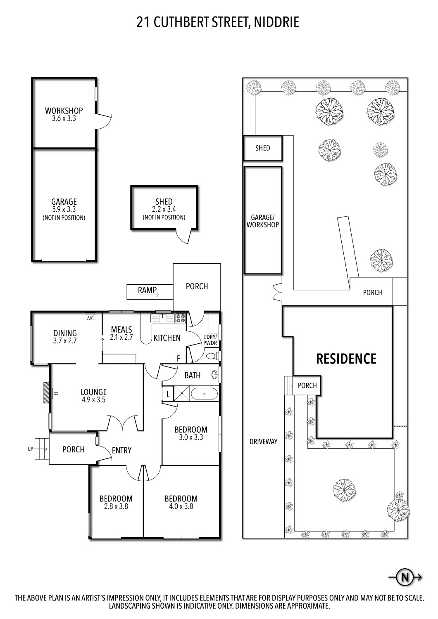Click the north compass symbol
coord(405,577)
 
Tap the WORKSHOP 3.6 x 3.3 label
coord(64,114)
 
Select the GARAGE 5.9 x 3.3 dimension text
coord(64,209)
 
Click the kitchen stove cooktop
coord(181,318)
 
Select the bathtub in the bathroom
coord(204,394)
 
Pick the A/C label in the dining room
coord(90,318)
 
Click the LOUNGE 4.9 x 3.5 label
coord(93,395)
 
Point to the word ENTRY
coord(121,450)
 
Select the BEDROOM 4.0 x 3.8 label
coord(181,502)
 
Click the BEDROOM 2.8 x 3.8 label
coord(116,502)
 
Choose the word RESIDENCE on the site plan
coord(346,359)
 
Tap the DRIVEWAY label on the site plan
coord(263,441)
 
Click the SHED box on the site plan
coord(263,148)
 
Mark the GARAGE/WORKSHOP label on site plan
coord(263,221)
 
